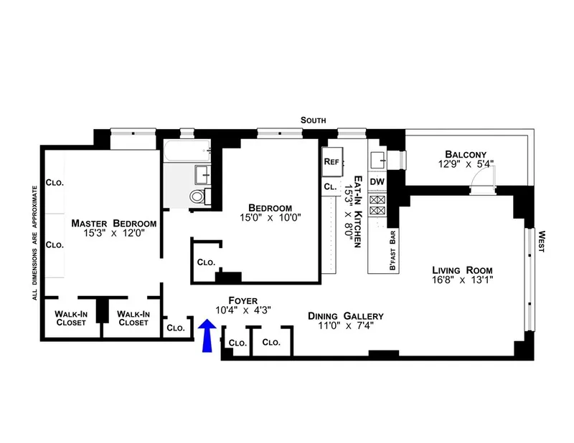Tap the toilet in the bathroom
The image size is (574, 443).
197,196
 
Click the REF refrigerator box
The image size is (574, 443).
331,162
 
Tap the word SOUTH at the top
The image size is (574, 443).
314,120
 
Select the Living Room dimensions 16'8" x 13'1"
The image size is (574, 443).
462,280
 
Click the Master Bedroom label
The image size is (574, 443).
114,224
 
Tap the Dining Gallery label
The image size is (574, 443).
346,316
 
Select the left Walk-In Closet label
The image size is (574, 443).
71,318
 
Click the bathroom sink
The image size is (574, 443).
202,175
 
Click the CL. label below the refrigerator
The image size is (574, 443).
330,186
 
